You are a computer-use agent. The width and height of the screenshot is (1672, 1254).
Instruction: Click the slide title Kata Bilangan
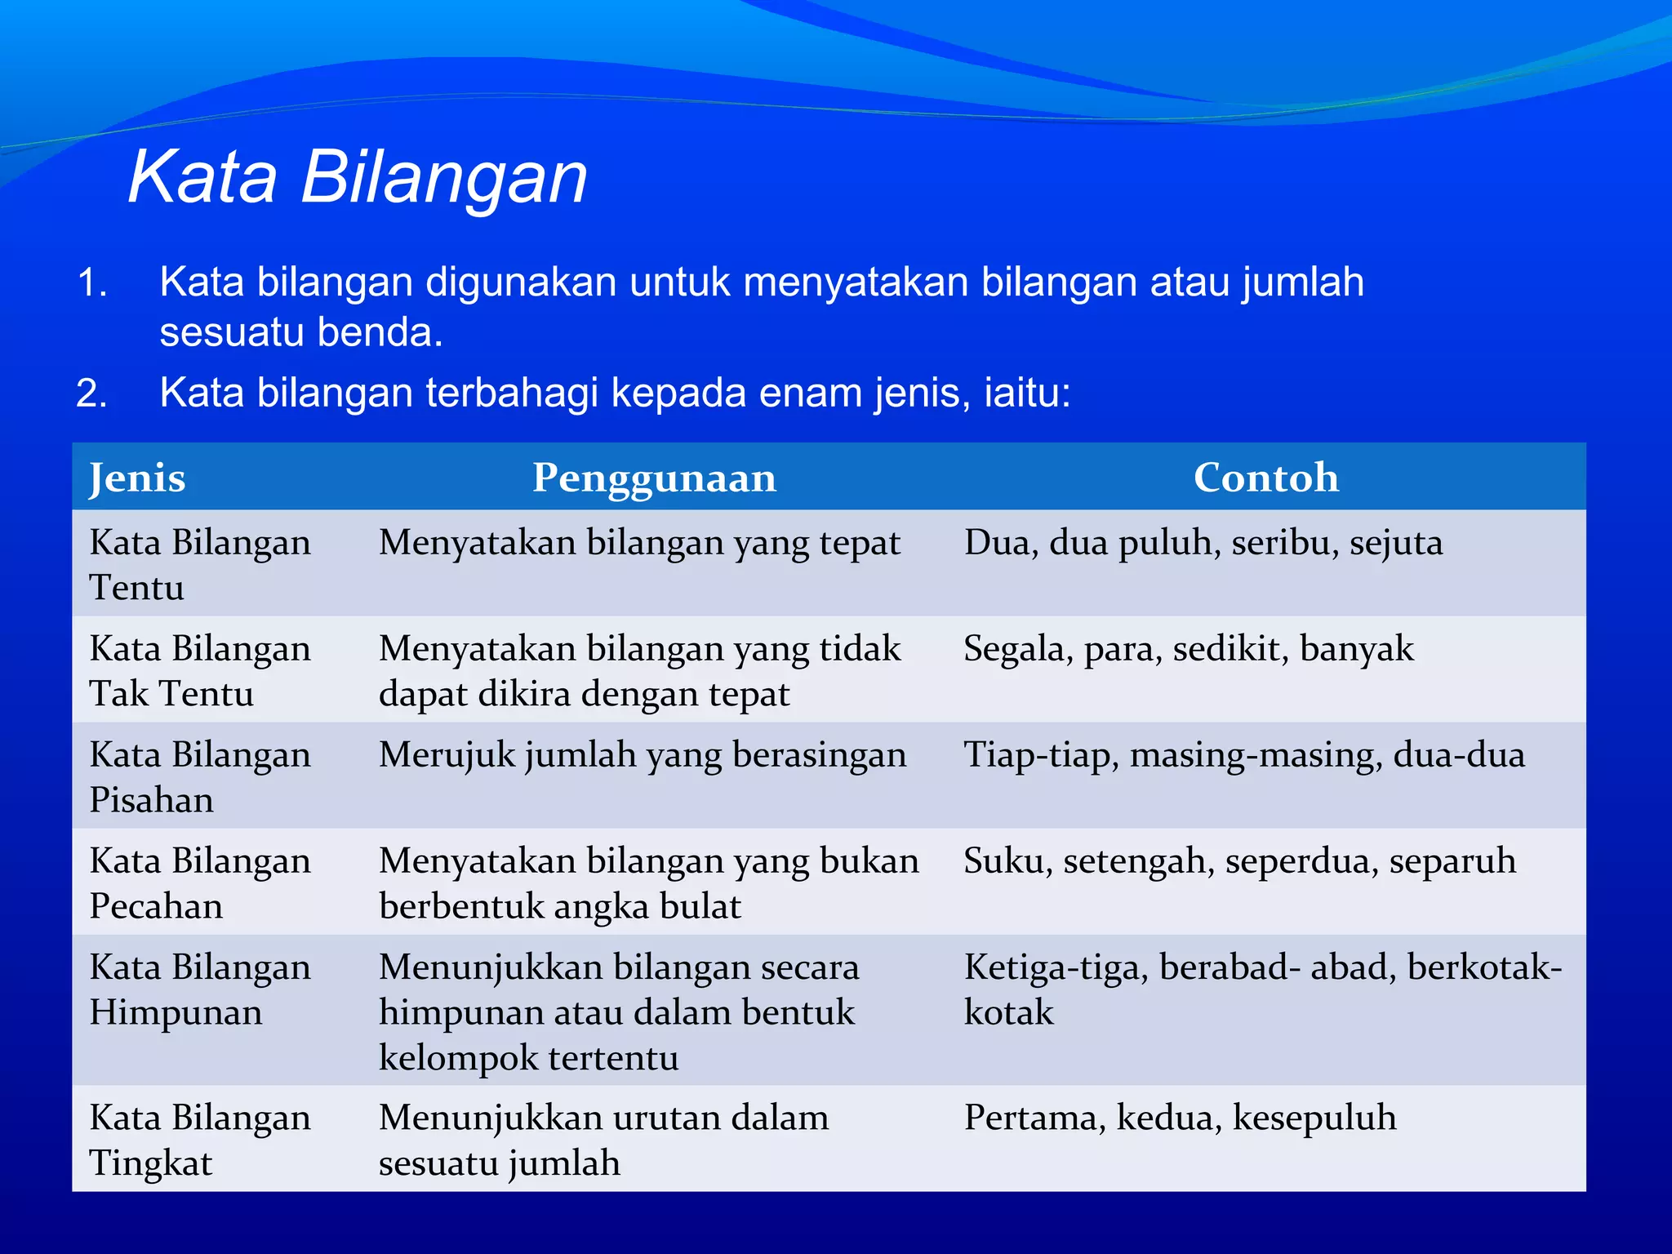click(358, 177)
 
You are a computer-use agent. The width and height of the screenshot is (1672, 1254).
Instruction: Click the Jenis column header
click(137, 478)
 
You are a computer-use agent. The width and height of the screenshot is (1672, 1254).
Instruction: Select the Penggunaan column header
click(654, 478)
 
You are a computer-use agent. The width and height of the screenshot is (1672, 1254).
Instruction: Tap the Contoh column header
click(1265, 478)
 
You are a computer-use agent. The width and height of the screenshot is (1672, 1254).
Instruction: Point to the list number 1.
click(91, 283)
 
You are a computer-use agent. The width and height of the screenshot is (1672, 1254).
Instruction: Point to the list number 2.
click(91, 394)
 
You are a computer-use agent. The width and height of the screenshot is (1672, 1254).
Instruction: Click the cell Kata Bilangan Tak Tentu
click(200, 670)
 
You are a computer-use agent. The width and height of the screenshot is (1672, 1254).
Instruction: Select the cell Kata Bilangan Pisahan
click(200, 776)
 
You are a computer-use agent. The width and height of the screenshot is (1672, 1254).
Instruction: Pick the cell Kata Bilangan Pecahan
click(200, 883)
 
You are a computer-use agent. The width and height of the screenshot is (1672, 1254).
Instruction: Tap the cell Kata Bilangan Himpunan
click(200, 989)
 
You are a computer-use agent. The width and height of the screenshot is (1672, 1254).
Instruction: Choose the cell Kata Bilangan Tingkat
click(200, 1140)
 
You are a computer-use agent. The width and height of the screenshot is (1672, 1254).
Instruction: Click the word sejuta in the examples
click(1395, 543)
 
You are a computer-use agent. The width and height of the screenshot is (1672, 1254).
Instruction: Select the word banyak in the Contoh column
click(1356, 649)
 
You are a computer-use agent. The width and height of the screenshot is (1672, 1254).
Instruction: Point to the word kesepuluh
click(1314, 1118)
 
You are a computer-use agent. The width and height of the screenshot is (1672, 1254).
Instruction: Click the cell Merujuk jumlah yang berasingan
click(643, 755)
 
